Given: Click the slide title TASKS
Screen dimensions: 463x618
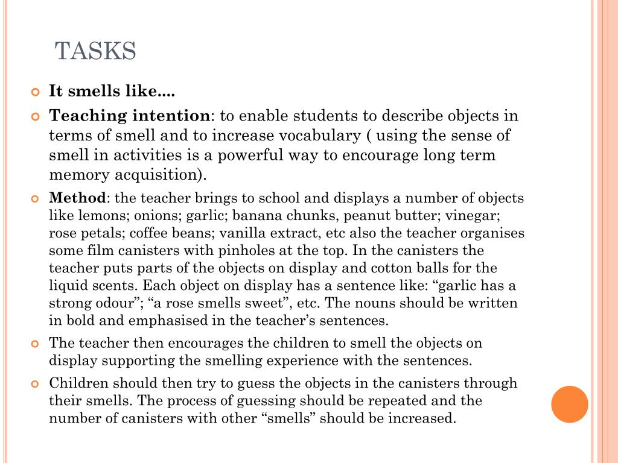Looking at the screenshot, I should (x=96, y=52).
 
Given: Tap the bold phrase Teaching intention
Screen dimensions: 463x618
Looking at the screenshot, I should (x=129, y=116).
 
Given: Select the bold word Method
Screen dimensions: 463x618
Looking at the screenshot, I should (x=77, y=198).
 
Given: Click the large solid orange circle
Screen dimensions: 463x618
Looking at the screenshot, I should (x=570, y=404).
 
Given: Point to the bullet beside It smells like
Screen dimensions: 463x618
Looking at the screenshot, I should (x=34, y=92).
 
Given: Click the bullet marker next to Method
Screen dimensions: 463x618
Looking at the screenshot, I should (x=34, y=198).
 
